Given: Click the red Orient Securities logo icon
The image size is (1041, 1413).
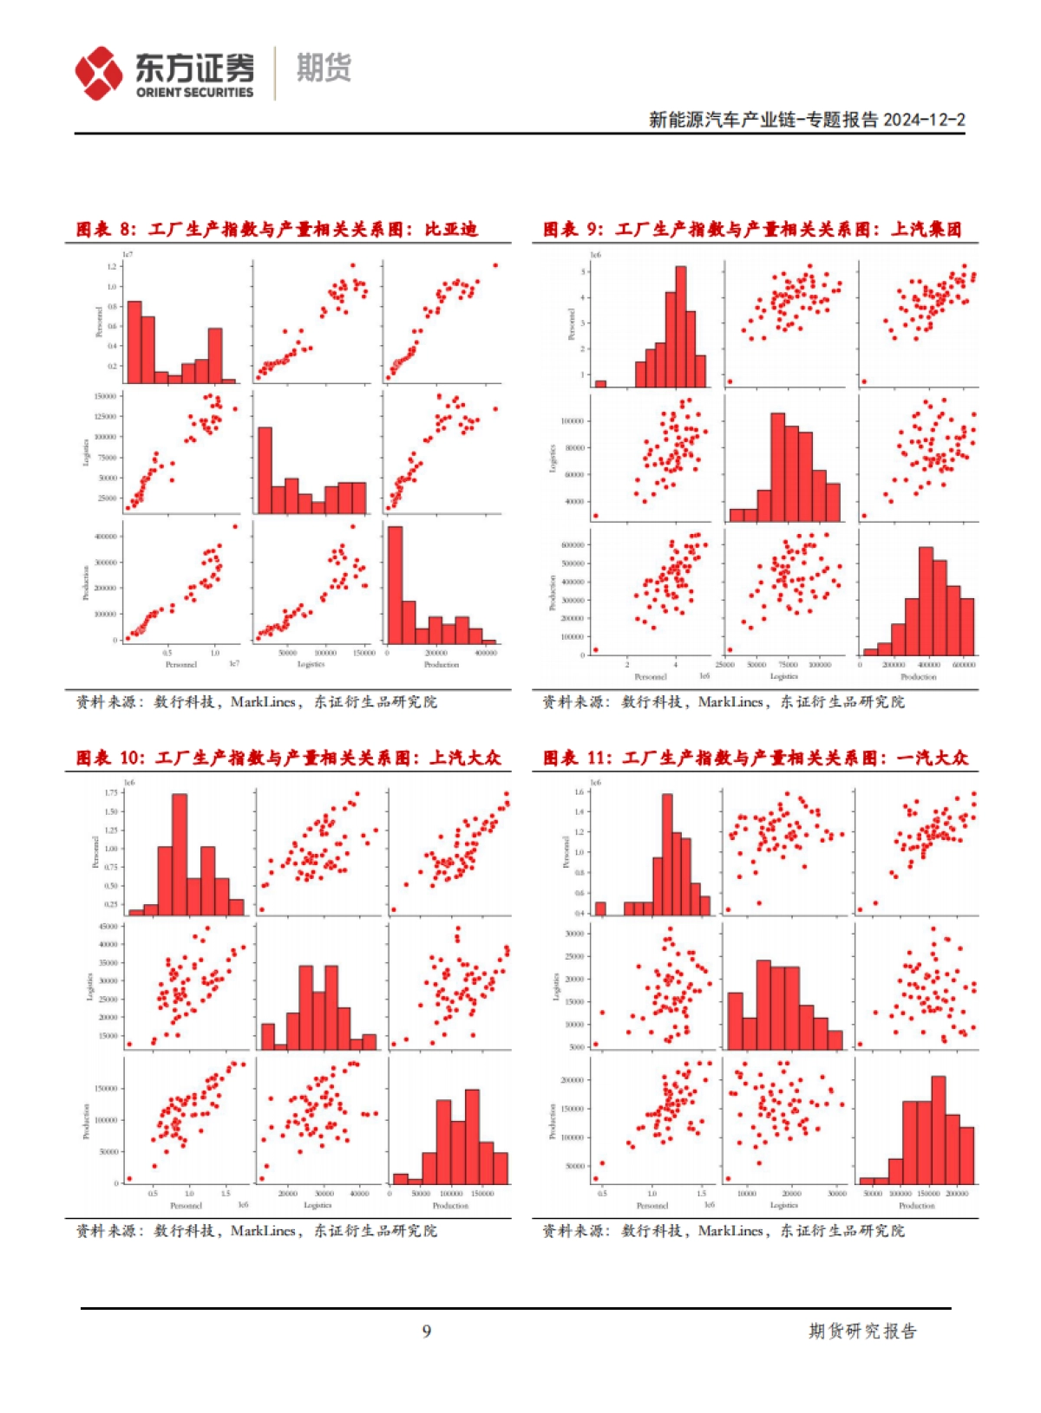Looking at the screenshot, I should (98, 73).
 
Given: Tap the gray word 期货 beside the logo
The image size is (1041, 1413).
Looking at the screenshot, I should (324, 68).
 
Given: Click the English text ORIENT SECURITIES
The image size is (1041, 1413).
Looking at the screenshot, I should (194, 93).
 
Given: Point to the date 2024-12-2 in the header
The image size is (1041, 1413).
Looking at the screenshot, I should (924, 120).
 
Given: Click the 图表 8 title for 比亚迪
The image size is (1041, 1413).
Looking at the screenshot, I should (277, 230).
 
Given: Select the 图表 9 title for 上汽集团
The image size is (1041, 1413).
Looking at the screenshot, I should (751, 230).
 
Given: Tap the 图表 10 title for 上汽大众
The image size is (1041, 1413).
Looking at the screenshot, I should (288, 758).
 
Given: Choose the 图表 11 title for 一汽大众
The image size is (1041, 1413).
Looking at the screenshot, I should (755, 758).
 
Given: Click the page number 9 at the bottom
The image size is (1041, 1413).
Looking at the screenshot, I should (427, 1331).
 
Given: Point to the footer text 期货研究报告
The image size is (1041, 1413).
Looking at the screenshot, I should (862, 1331).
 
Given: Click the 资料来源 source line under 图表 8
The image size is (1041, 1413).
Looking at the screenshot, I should (256, 701).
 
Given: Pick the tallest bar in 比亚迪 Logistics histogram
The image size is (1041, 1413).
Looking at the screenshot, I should (265, 471).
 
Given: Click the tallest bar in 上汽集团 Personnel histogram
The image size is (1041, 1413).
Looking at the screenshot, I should (680, 326).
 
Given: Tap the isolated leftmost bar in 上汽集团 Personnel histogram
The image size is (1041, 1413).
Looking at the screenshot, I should (600, 383).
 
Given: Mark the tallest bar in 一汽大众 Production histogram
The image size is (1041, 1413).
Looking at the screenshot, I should (938, 1130).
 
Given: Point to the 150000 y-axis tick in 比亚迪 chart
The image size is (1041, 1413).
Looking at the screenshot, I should (105, 396).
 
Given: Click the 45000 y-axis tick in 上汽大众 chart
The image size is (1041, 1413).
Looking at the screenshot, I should (108, 927).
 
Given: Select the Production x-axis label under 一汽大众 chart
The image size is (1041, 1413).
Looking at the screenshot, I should (917, 1206).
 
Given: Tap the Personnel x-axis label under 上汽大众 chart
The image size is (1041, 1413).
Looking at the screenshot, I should (186, 1206).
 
